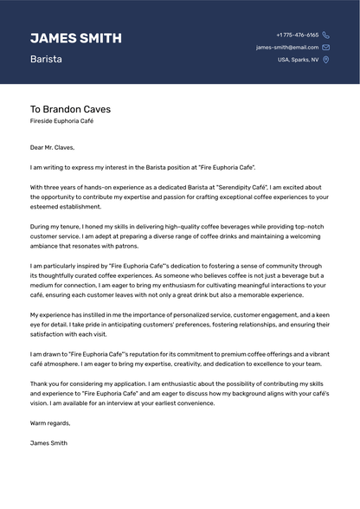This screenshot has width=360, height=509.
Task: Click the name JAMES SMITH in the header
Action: [x=75, y=38]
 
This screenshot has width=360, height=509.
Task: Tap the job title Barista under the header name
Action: [x=46, y=60]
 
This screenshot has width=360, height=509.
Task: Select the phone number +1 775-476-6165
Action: [x=297, y=35]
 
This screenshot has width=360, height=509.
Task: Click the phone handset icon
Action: [x=325, y=35]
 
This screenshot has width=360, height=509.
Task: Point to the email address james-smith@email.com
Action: [x=287, y=48]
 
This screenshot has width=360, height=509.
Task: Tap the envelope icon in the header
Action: [x=325, y=48]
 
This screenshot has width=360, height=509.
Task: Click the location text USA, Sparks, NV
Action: [x=298, y=60]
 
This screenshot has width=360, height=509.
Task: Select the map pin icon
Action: [x=325, y=60]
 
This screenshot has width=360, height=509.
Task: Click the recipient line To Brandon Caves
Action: [x=70, y=110]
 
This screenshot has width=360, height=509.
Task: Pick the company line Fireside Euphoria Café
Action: [x=61, y=123]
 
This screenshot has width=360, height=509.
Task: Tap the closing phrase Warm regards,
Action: [x=50, y=423]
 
